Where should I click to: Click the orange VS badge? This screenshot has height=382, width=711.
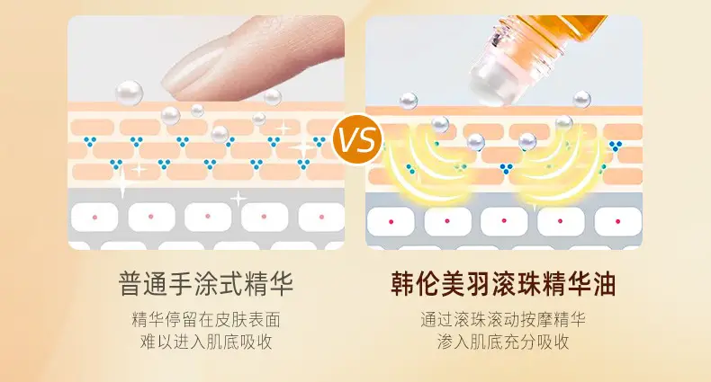tap(357, 139)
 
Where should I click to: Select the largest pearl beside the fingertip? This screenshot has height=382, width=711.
tap(130, 93)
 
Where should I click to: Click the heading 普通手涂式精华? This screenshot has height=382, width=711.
tap(206, 284)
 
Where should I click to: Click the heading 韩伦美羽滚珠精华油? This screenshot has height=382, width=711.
tap(503, 284)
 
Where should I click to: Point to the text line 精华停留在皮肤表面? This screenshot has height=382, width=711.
tap(206, 320)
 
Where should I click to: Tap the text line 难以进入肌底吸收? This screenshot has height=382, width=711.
tap(206, 342)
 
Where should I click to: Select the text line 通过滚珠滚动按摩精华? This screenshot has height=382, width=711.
tap(503, 320)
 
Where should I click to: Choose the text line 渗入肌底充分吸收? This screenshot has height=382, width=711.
tap(503, 342)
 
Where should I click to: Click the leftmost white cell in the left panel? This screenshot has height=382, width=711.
tap(94, 218)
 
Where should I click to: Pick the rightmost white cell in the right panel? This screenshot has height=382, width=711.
tap(617, 222)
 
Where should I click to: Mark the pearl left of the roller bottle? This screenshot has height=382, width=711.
tap(408, 101)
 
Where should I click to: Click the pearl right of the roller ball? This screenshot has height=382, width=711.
tap(581, 100)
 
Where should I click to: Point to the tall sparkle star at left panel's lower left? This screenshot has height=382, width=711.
tap(122, 181)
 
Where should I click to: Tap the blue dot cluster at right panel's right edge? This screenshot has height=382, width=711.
tap(616, 146)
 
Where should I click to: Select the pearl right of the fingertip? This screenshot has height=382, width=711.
tap(273, 97)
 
